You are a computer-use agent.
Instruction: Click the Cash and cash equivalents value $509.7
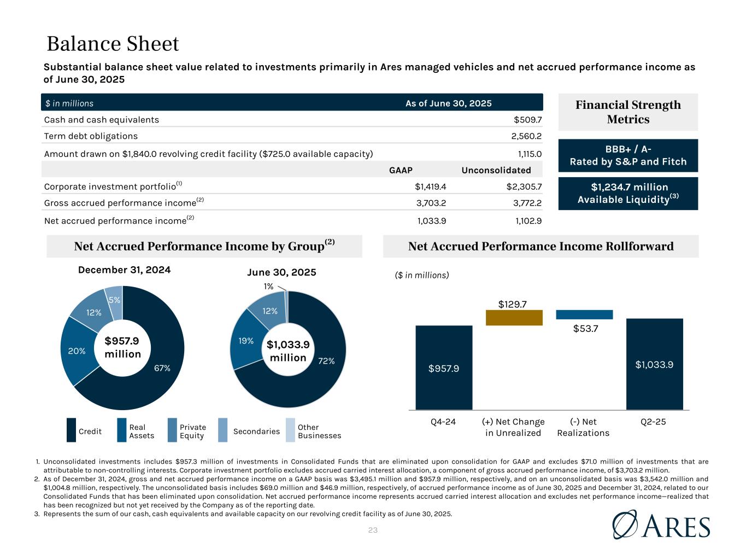(x=527, y=120)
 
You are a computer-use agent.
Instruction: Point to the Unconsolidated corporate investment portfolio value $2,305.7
(x=524, y=186)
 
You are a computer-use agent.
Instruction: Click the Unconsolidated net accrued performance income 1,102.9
(x=524, y=220)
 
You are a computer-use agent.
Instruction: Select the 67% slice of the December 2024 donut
(x=158, y=372)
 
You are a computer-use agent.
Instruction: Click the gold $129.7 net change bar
(x=514, y=318)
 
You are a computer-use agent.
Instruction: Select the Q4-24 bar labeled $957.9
(x=444, y=367)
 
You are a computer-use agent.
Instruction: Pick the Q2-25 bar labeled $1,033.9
(x=654, y=364)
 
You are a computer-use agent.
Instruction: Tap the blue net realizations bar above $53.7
(x=584, y=314)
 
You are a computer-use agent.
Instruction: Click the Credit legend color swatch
(x=72, y=430)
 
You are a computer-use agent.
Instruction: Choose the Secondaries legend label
(x=256, y=431)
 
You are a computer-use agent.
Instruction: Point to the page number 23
(x=373, y=530)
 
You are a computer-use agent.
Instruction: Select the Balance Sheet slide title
(x=113, y=44)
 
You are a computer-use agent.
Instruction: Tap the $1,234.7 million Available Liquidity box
(x=628, y=194)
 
